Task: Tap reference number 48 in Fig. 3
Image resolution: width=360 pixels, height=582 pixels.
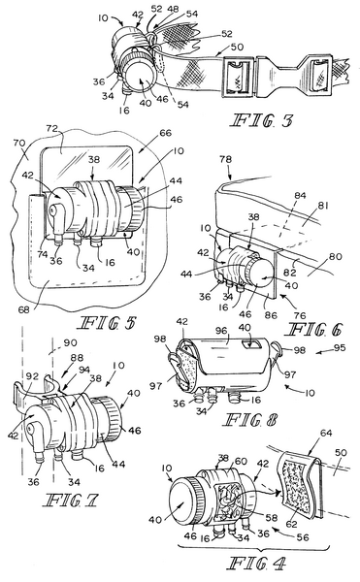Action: pos(160,9)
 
